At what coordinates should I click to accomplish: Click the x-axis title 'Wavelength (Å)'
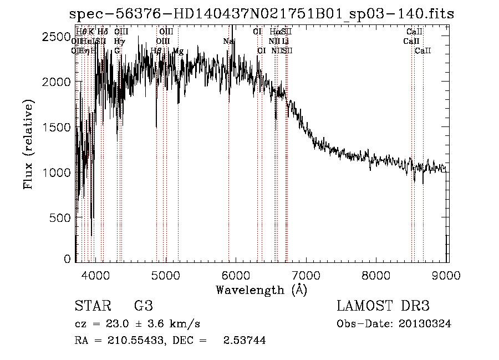point(261,290)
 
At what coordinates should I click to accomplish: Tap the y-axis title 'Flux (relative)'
point(28,145)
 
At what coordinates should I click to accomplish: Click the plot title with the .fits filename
point(261,14)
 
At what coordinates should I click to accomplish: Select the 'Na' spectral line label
point(228,42)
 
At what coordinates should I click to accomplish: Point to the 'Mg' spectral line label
point(178,51)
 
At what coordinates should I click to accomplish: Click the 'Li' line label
point(285,42)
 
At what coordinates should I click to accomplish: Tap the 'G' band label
point(117,51)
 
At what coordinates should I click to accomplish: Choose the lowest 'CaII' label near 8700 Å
point(423,51)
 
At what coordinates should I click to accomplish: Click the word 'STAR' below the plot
point(92,307)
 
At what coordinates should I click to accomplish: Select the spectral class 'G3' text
point(143,307)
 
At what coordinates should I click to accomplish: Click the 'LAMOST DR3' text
point(383,307)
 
